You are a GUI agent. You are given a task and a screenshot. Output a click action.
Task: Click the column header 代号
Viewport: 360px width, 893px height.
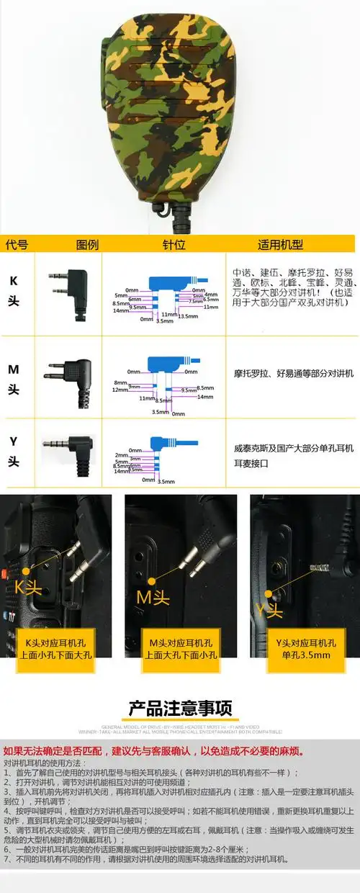coord(17,244)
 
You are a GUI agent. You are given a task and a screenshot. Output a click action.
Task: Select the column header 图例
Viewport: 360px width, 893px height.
coord(86,244)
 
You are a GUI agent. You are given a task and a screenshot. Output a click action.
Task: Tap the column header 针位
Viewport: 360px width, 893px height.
coord(174,244)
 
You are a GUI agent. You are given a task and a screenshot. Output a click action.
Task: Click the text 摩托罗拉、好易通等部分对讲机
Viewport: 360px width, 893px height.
coord(294,374)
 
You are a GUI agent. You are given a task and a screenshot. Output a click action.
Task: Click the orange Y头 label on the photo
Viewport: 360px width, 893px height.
coord(270,609)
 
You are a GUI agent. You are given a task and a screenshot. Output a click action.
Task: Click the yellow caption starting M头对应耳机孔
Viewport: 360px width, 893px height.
coord(179,649)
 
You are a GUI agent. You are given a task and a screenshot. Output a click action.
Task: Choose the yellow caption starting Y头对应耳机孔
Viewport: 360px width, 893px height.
coord(305,649)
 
